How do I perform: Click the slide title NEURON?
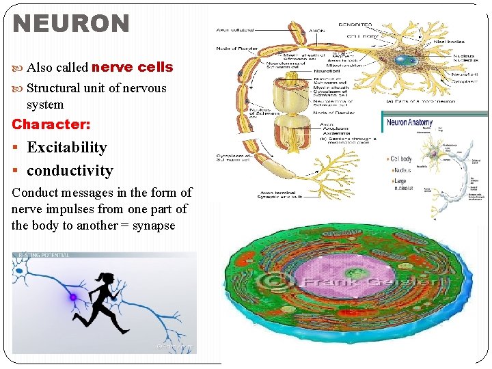pyautogui.click(x=71, y=24)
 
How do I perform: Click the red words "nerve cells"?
pyautogui.click(x=132, y=67)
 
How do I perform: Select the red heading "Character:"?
pyautogui.click(x=51, y=124)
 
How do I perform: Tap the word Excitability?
pyautogui.click(x=67, y=148)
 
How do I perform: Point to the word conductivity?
pyautogui.click(x=70, y=171)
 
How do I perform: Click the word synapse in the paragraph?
pyautogui.click(x=154, y=225)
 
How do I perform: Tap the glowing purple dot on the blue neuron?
pyautogui.click(x=72, y=297)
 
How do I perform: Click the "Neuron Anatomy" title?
pyautogui.click(x=410, y=123)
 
